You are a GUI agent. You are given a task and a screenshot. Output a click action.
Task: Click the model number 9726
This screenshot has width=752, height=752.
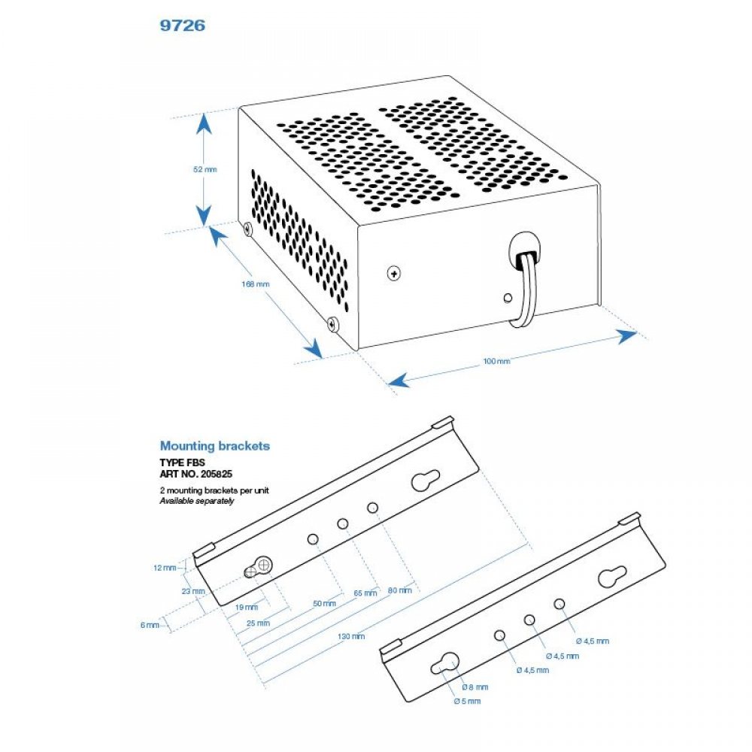pyautogui.click(x=182, y=25)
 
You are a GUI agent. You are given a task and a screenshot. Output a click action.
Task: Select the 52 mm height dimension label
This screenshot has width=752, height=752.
pyautogui.click(x=205, y=169)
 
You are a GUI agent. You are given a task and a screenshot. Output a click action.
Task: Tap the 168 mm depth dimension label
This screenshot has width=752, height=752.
pyautogui.click(x=256, y=284)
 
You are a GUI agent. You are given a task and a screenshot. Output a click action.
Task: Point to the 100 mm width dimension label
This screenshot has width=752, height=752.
pyautogui.click(x=496, y=361)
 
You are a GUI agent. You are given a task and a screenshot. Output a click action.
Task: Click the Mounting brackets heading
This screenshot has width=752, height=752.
pyautogui.click(x=215, y=445)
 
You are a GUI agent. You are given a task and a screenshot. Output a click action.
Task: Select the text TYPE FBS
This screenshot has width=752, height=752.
pyautogui.click(x=182, y=462)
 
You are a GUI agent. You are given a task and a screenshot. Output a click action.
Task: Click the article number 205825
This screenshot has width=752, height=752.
pyautogui.click(x=216, y=474)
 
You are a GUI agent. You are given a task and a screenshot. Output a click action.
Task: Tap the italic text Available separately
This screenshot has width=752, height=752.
pyautogui.click(x=196, y=501)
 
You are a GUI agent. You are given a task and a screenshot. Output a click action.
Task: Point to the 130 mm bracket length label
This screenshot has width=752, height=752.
pyautogui.click(x=351, y=636)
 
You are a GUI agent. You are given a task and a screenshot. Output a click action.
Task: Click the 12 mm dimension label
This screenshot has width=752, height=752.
pyautogui.click(x=165, y=568)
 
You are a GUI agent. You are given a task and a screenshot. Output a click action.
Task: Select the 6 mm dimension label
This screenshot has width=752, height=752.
pyautogui.click(x=150, y=625)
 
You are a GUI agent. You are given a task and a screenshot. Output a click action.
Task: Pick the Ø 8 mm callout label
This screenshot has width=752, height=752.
pyautogui.click(x=475, y=687)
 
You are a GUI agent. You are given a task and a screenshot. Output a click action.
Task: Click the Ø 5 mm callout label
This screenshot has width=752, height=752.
pyautogui.click(x=467, y=701)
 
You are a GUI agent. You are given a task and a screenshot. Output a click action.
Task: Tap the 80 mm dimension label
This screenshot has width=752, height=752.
pyautogui.click(x=399, y=590)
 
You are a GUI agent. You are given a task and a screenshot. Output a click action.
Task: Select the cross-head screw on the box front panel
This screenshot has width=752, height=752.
pyautogui.click(x=394, y=274)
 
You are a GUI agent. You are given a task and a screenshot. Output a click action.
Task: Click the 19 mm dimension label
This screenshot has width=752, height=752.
pyautogui.click(x=247, y=607)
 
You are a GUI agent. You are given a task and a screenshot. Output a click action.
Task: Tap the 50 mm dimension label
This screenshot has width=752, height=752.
pyautogui.click(x=324, y=603)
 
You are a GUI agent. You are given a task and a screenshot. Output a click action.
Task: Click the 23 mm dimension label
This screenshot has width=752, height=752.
pyautogui.click(x=193, y=591)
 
